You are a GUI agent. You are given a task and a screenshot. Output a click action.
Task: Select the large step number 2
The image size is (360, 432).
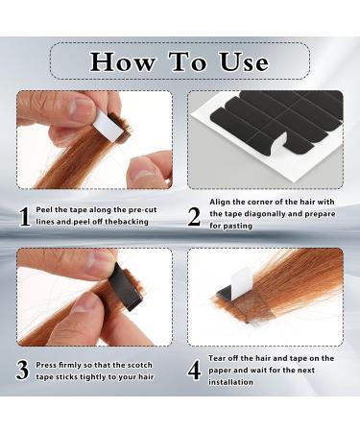194,216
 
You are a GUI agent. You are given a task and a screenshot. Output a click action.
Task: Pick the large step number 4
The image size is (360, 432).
194,370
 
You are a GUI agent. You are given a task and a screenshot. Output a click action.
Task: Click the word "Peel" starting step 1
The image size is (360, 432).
47,209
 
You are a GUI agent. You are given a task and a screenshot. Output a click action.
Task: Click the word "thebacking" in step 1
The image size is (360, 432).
138,222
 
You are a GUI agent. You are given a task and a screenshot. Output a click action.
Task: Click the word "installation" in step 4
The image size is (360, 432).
227,381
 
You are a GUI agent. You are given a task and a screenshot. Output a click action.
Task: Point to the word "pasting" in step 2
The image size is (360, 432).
236,226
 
